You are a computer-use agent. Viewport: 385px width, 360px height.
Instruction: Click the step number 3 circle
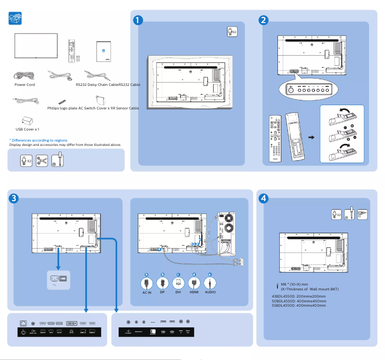tap(14, 198)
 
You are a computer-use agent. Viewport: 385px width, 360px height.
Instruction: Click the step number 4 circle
tap(263, 198)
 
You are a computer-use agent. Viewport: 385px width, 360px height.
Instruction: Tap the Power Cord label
tap(24, 84)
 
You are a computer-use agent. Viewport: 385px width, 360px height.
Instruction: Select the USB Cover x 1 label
tap(27, 129)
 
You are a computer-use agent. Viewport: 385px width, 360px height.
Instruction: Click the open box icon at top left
tap(15, 19)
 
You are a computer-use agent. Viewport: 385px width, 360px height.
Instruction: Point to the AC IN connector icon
tap(147, 283)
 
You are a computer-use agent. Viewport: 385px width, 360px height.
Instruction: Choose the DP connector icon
tap(162, 283)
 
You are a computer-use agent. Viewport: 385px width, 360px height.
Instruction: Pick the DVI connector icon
tap(178, 283)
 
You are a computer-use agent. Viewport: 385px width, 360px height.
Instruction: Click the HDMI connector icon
tap(194, 283)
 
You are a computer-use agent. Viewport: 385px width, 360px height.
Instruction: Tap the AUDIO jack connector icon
tap(210, 283)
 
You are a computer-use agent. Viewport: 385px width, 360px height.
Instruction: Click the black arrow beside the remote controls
tap(311, 137)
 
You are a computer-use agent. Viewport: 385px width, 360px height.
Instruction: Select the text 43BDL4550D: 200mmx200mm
tap(299, 296)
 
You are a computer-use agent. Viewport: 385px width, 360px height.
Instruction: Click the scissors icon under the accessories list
tap(42, 161)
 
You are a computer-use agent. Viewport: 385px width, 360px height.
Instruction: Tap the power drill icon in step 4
tap(362, 214)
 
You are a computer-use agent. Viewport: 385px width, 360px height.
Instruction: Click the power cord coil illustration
tap(23, 75)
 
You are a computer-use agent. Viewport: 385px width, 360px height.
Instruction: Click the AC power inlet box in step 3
tap(59, 279)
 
